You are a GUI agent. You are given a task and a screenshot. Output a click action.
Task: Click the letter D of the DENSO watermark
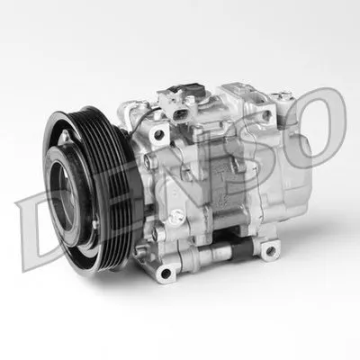29,231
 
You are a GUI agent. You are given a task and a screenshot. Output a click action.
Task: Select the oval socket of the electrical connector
180,114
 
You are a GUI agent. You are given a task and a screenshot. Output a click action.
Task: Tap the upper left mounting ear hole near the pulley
158,135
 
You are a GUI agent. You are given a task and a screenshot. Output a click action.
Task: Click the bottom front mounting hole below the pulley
166,273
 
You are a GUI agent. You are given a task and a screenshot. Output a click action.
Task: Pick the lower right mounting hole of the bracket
270,250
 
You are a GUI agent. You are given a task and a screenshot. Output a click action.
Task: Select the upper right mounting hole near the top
266,115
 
